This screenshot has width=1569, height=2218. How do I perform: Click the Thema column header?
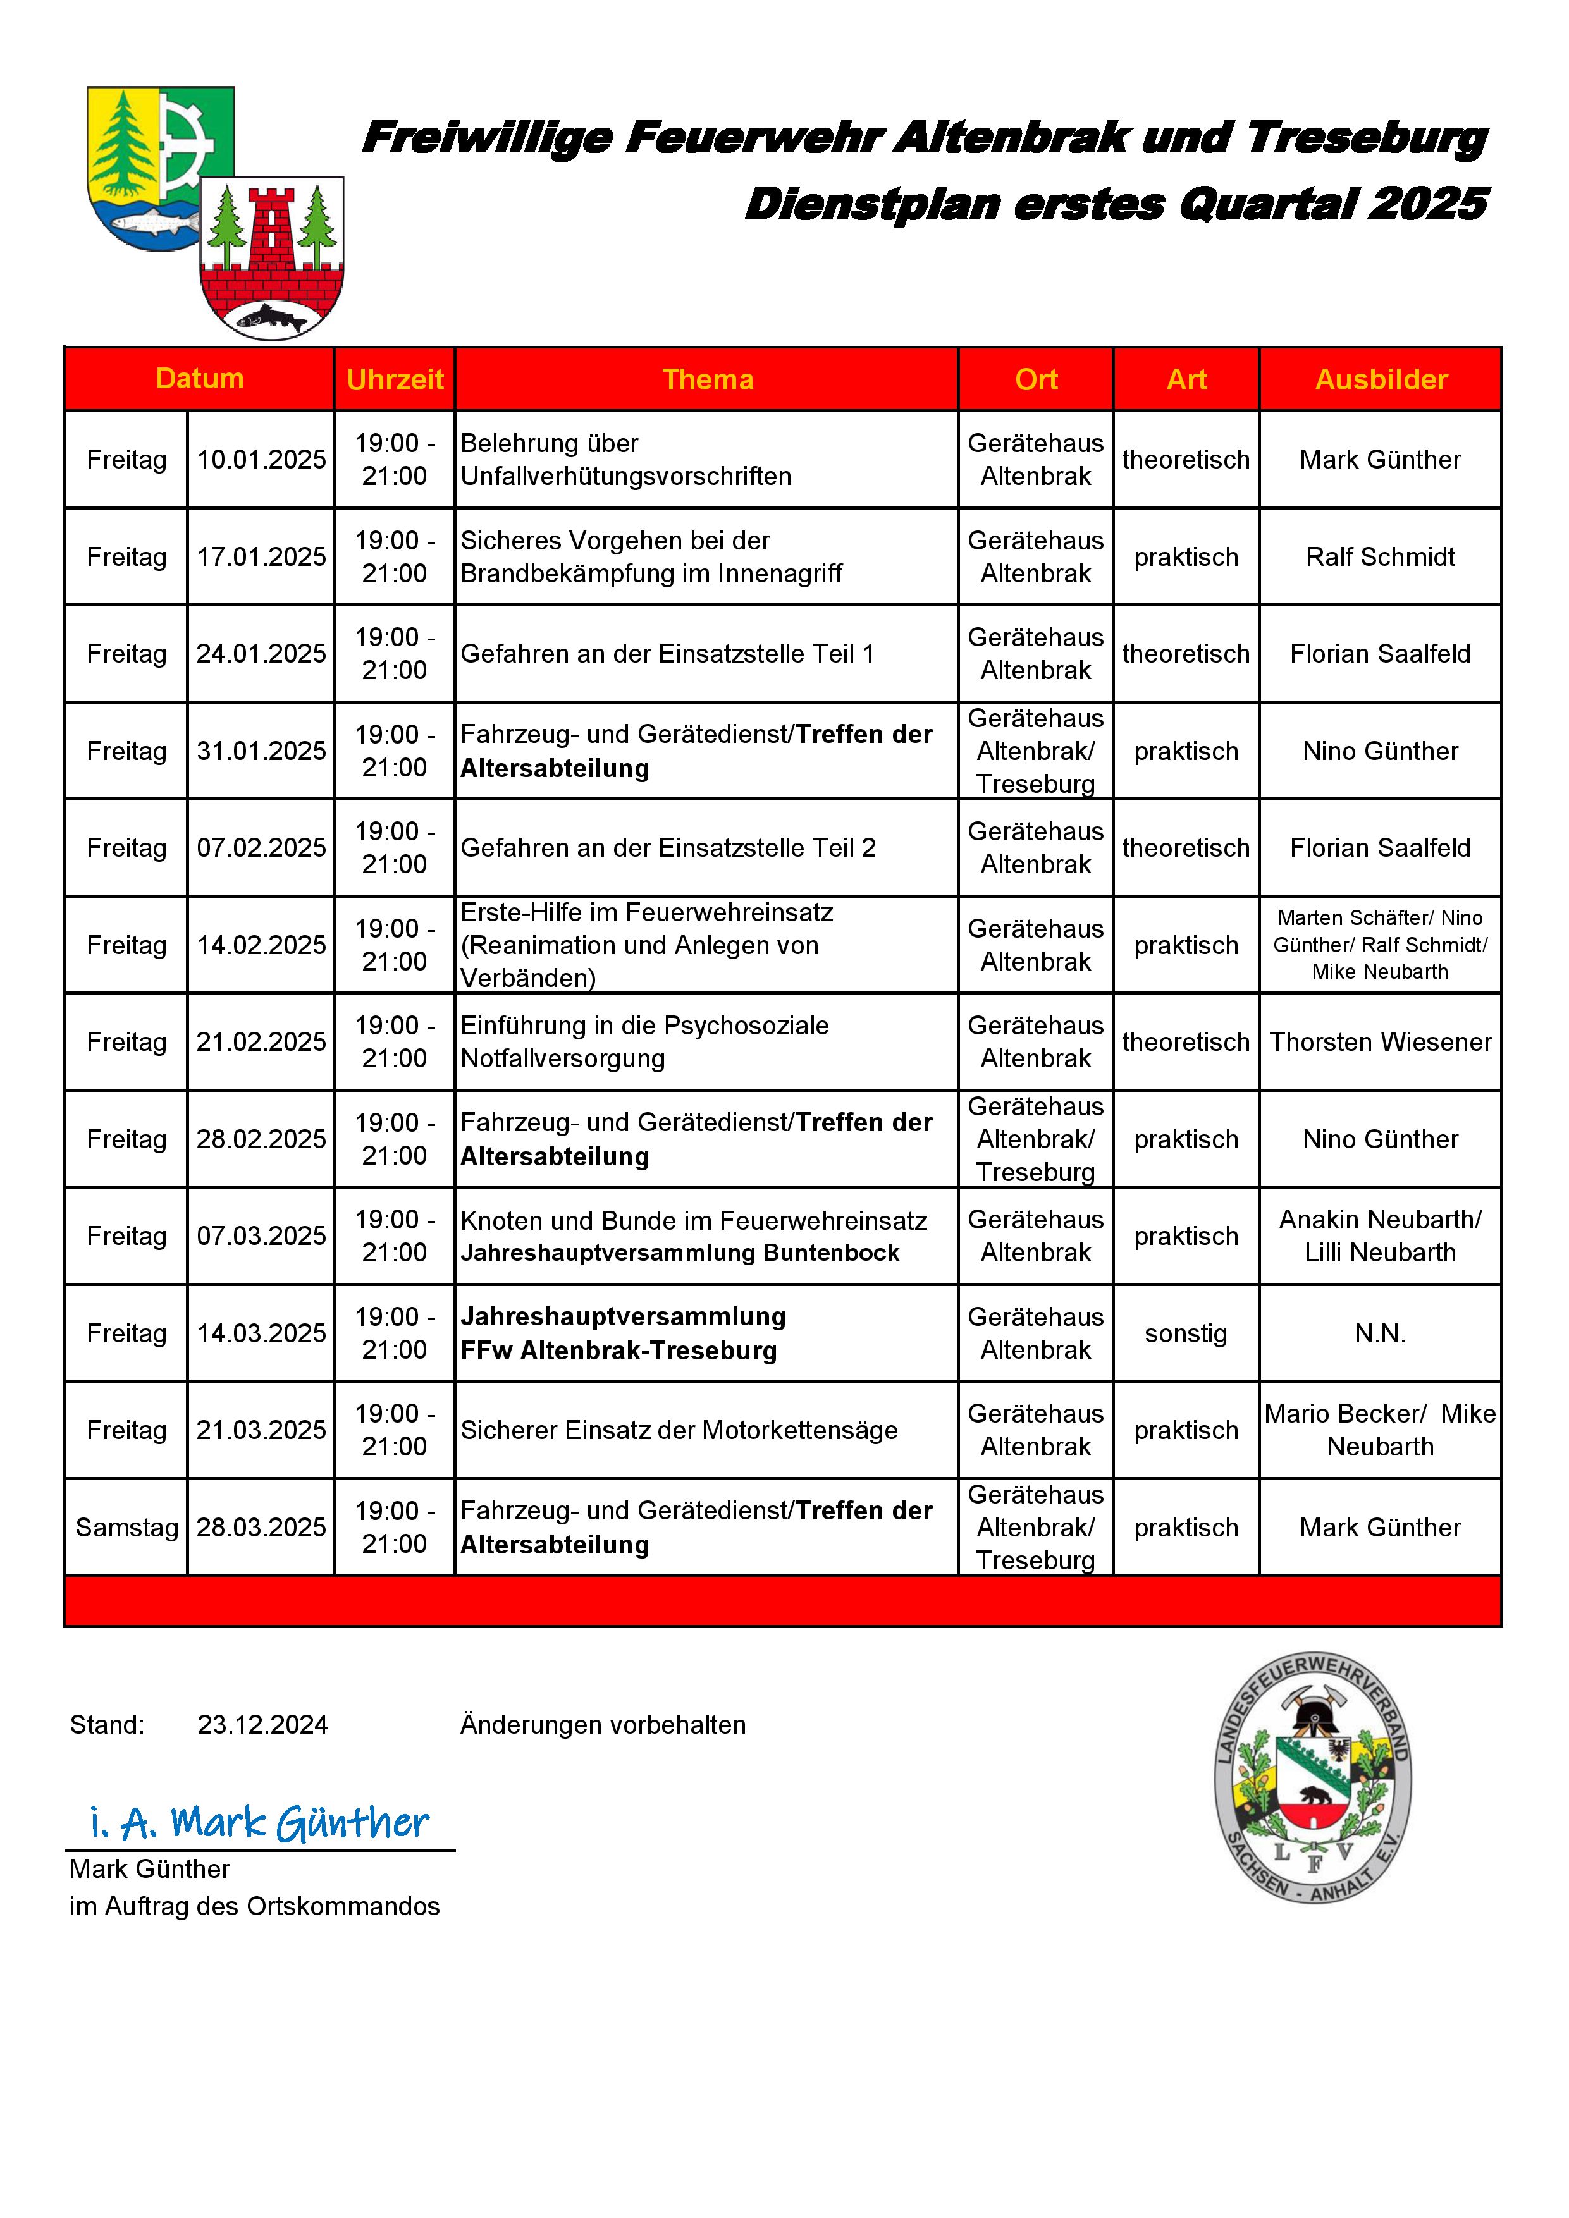[707, 379]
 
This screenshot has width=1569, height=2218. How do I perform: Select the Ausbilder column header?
[1381, 379]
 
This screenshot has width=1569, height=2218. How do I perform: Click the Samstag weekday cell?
[126, 1528]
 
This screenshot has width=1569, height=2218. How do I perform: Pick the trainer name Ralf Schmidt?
[1380, 558]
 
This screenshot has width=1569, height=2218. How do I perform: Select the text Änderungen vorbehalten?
[603, 1725]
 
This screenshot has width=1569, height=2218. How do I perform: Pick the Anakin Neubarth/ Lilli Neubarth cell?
[1380, 1237]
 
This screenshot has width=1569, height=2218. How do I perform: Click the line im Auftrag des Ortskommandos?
[254, 1907]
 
